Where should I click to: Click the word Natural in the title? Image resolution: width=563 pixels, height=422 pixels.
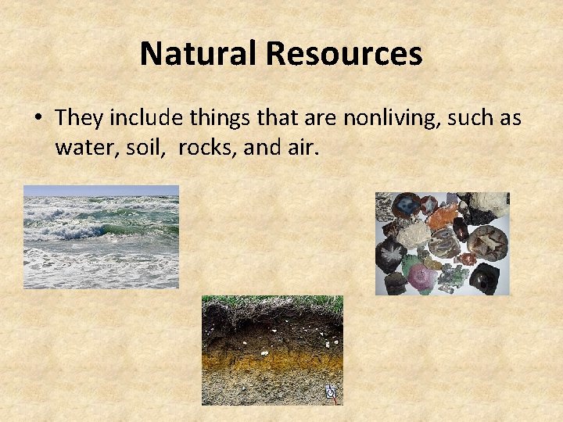tap(199, 54)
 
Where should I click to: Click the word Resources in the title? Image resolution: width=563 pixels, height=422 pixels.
tap(344, 54)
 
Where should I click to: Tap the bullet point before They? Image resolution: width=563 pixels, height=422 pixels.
tap(38, 119)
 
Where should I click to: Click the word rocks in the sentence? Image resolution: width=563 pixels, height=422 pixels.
tap(207, 147)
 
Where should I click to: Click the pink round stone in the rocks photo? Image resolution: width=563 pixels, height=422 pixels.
tap(422, 274)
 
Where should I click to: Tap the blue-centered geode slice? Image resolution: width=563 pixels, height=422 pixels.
tap(407, 207)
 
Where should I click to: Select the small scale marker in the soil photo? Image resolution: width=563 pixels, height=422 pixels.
tap(330, 392)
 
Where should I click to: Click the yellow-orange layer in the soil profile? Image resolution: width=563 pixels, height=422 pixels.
tap(274, 361)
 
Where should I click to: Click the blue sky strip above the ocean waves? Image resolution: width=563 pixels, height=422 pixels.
tap(102, 190)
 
